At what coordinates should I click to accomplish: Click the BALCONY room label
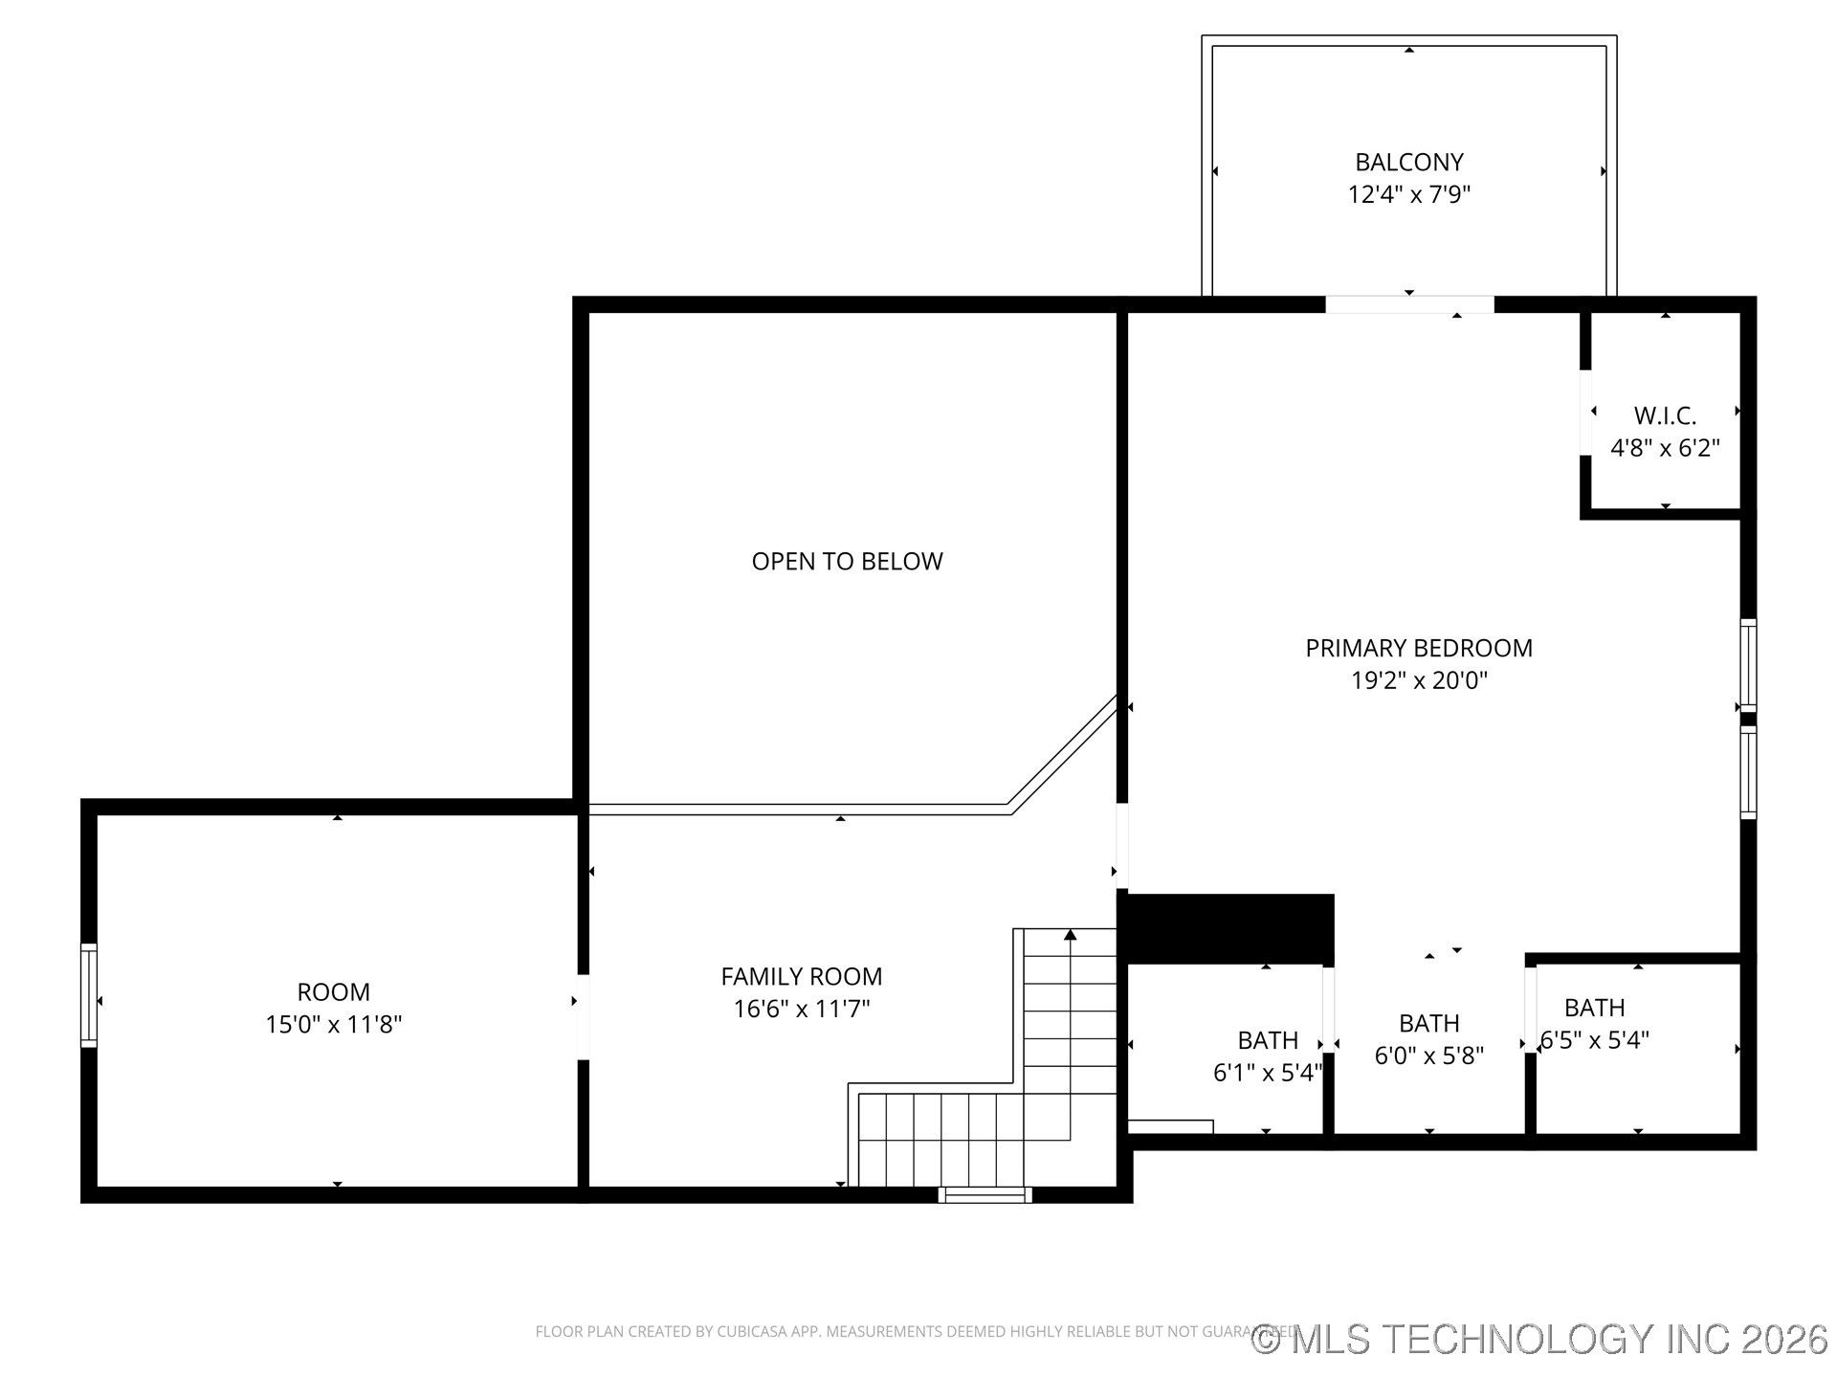coord(1408,162)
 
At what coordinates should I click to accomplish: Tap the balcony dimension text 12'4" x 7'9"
coord(1408,194)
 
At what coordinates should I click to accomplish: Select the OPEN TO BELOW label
coord(847,562)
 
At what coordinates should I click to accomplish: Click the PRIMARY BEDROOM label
coord(1418,648)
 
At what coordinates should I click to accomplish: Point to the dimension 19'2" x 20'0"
coord(1418,680)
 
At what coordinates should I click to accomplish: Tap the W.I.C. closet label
coord(1665,415)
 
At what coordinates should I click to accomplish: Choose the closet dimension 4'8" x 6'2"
coord(1665,448)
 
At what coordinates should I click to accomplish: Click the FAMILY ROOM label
coord(801,976)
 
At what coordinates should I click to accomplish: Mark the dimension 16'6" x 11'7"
coord(801,1009)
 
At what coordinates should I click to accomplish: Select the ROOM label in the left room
coord(333,991)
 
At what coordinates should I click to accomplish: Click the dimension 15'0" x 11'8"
coord(333,1024)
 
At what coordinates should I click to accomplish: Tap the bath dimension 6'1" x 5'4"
coord(1267,1073)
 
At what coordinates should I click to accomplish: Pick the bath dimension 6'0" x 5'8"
coord(1428,1056)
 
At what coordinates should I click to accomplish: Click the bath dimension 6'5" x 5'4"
coord(1595,1040)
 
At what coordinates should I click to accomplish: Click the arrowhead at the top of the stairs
coord(1070,935)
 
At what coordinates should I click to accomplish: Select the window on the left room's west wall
coord(89,995)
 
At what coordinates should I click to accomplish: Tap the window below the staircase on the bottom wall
coord(985,1194)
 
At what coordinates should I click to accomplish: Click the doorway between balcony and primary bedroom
coord(1408,304)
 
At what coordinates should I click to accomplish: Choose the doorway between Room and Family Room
coord(583,1016)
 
